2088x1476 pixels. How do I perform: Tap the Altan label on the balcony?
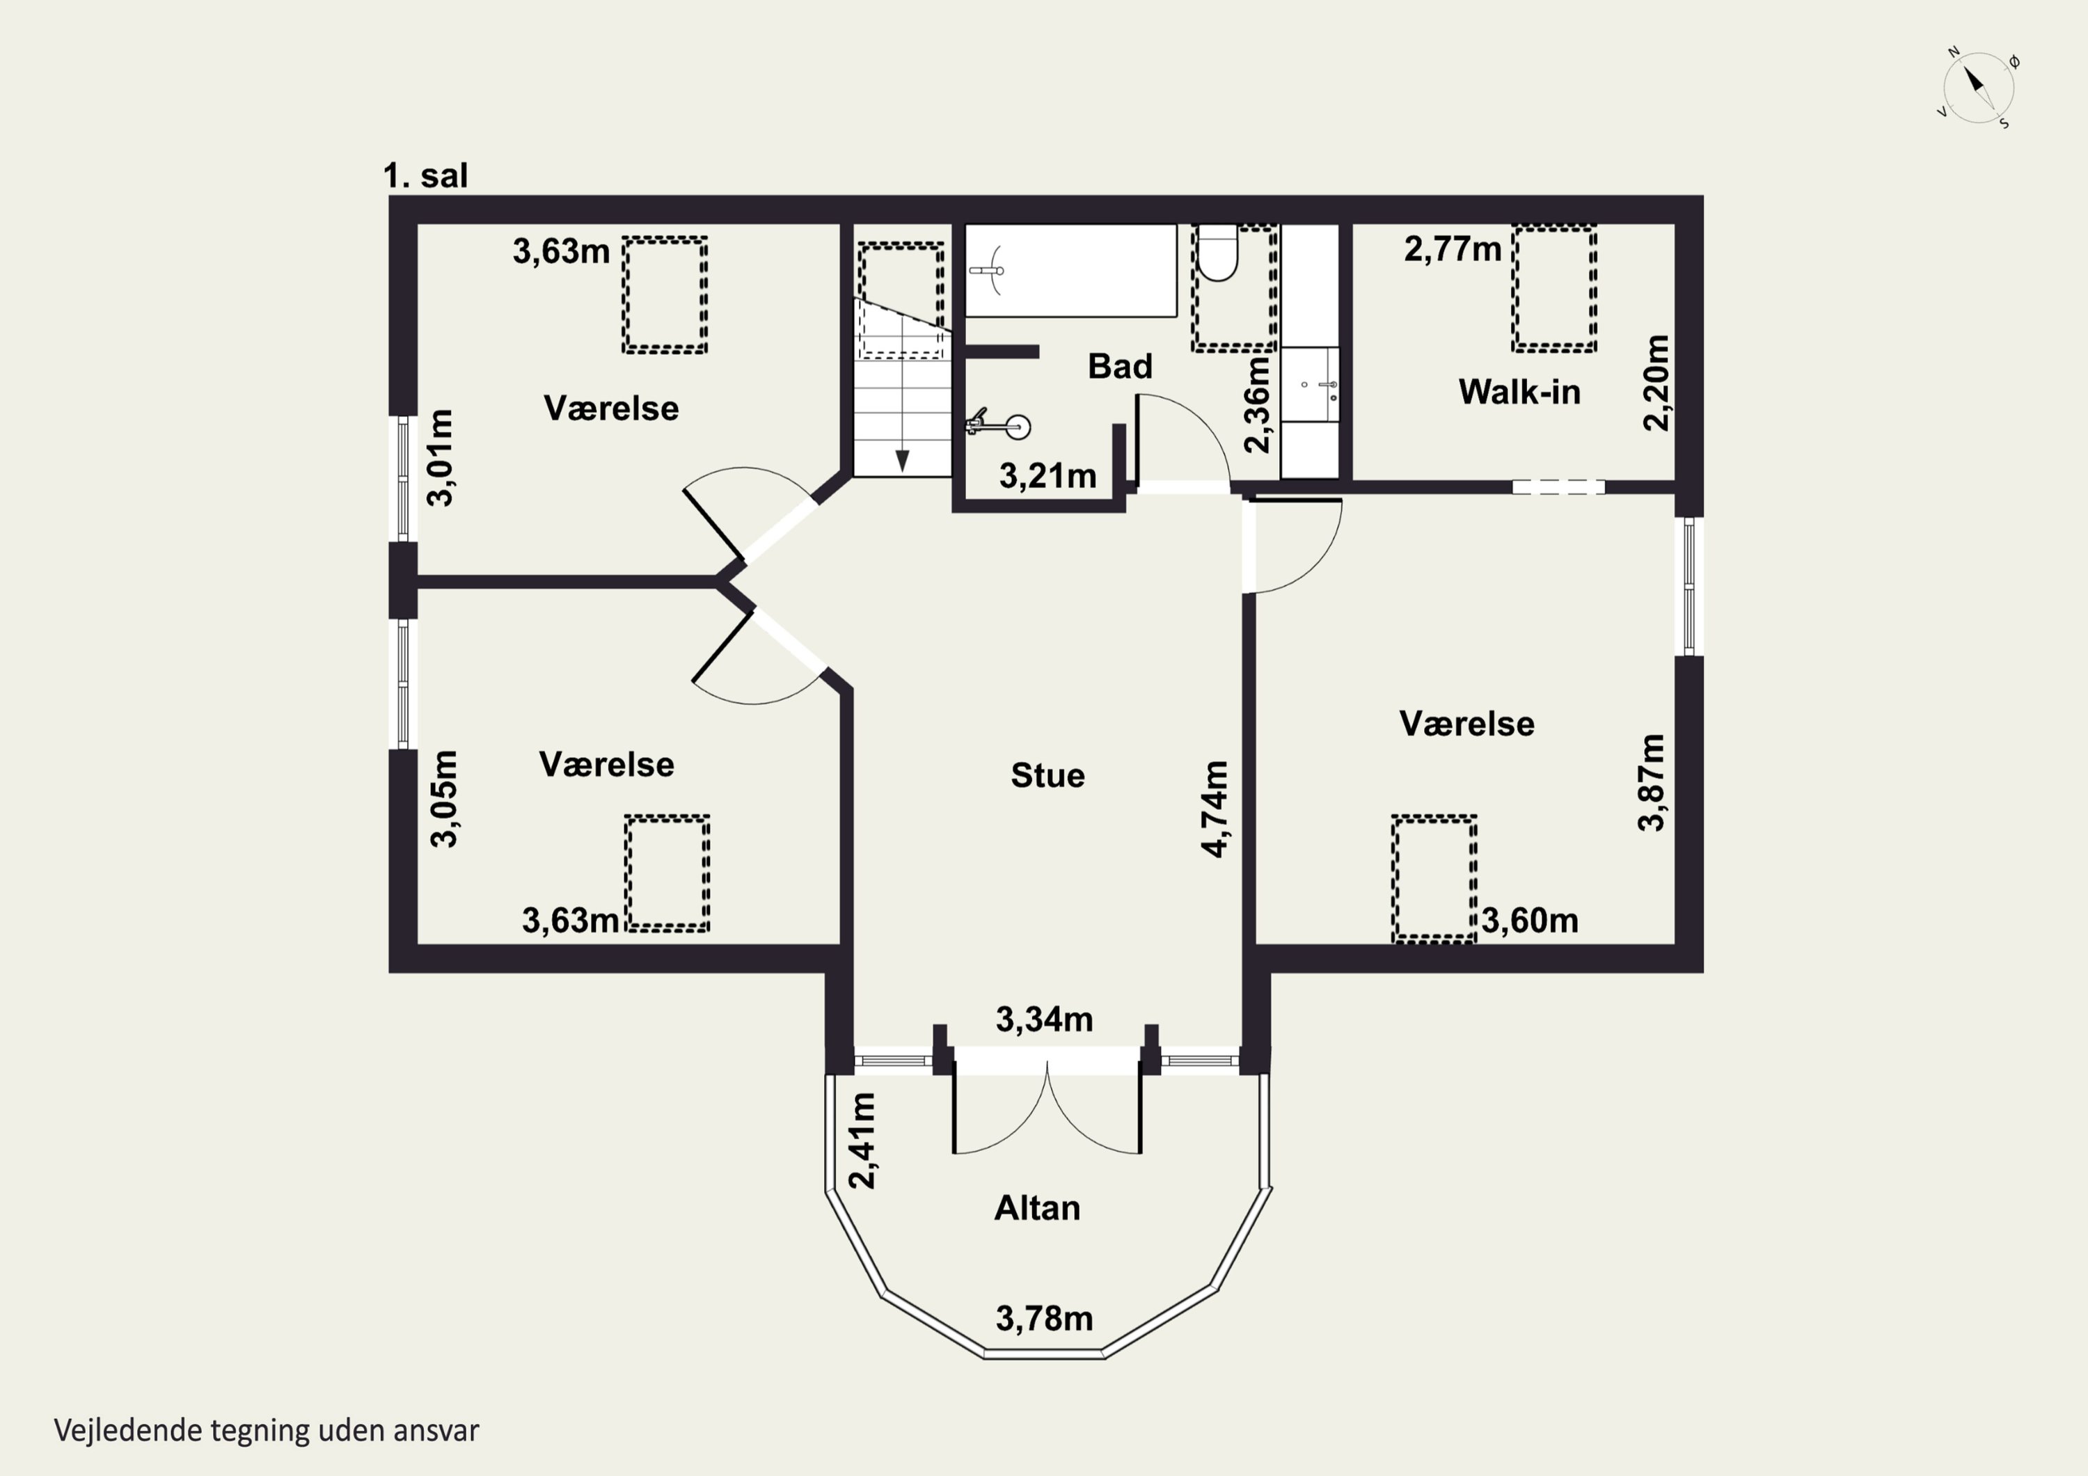[x=1037, y=1207]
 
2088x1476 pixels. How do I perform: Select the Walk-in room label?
[x=1519, y=392]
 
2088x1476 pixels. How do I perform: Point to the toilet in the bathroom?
[x=1218, y=252]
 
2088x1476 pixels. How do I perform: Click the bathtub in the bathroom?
[x=1070, y=270]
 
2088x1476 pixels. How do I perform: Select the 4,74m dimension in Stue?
[x=1215, y=809]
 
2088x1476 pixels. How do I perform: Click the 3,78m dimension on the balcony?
[x=1044, y=1318]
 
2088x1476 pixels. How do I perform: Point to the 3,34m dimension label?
[x=1044, y=1019]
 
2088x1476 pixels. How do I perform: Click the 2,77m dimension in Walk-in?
[x=1453, y=249]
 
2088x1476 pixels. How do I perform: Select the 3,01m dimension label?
[x=441, y=457]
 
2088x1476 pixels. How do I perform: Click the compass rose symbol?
[x=1979, y=89]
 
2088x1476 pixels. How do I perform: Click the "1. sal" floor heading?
[x=425, y=175]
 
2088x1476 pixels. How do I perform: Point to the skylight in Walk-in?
[x=1554, y=287]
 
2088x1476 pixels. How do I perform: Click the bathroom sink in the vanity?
[x=1311, y=385]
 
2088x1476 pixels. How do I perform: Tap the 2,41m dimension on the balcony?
[x=862, y=1141]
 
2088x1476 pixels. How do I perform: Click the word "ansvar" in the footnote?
[x=436, y=1431]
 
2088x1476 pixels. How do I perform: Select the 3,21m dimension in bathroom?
[x=1047, y=475]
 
